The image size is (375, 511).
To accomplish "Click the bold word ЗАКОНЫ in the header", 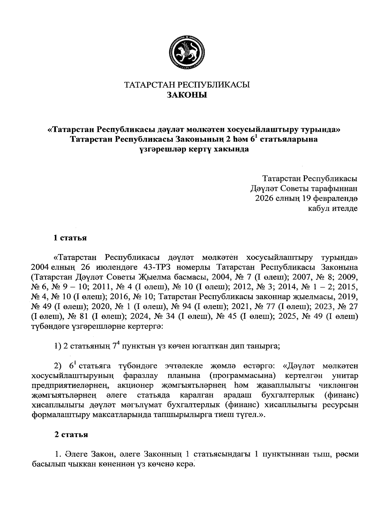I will tap(187, 95).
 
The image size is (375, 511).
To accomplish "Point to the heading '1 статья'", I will tap(70, 238).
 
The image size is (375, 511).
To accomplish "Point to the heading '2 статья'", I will tap(71, 435).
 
